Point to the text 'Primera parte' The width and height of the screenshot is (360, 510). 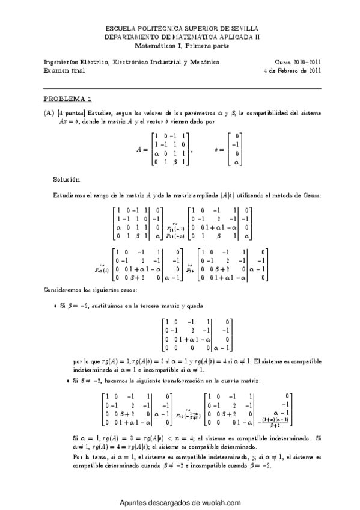(204, 45)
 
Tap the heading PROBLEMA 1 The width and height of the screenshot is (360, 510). (68, 99)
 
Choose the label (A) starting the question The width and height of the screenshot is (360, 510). (49, 112)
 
